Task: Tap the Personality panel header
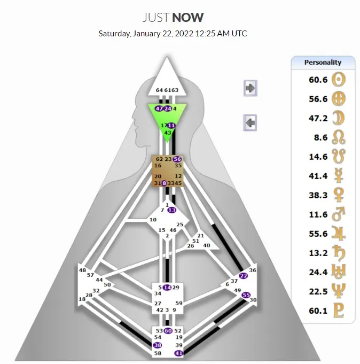323,63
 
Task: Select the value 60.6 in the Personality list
318,80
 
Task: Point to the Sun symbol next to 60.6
339,80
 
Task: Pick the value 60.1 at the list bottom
318,311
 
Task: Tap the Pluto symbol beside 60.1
339,311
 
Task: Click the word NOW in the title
187,17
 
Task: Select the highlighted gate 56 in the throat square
178,159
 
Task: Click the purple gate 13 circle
171,210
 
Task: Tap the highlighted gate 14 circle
168,288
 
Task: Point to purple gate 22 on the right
244,276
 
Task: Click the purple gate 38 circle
158,345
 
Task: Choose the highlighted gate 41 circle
179,353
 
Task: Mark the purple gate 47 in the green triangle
159,109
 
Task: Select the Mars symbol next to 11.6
339,214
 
